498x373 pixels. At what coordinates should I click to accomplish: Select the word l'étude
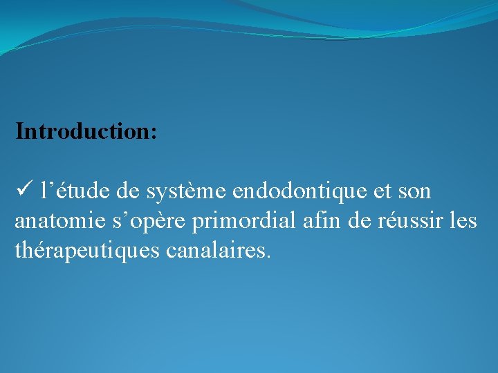point(68,189)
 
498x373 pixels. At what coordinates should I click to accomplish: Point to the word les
point(463,220)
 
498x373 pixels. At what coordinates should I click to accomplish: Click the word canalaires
point(215,251)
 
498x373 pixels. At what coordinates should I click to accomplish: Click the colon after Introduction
point(153,133)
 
